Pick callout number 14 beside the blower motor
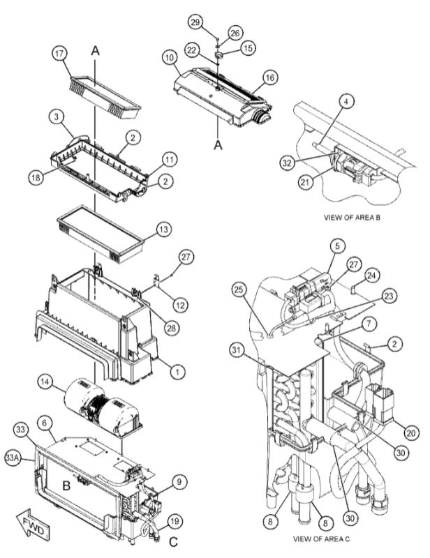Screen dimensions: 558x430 pos(45,382)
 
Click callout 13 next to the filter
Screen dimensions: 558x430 pos(163,228)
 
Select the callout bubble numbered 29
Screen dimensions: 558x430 pos(196,22)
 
